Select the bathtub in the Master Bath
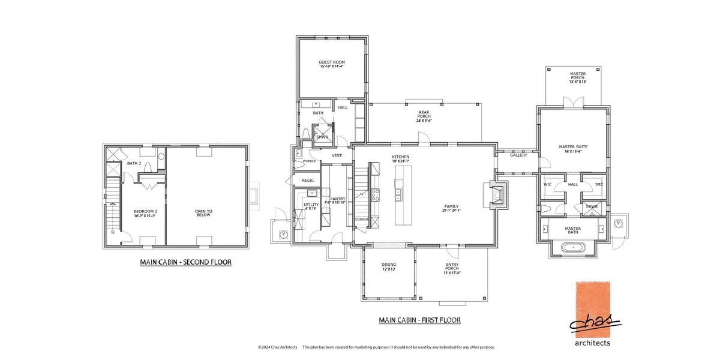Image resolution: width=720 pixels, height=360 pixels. pos(573,247)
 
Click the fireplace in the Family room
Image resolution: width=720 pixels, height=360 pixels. pos(498,196)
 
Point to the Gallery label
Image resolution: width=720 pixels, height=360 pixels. pos(518,155)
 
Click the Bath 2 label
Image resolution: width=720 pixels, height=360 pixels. pos(134,163)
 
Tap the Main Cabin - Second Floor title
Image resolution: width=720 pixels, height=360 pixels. pos(185,262)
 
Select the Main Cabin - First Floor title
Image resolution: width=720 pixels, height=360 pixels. pos(419,320)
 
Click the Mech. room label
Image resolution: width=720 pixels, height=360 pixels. pos(308,180)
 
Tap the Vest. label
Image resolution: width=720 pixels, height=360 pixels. pos(337,155)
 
